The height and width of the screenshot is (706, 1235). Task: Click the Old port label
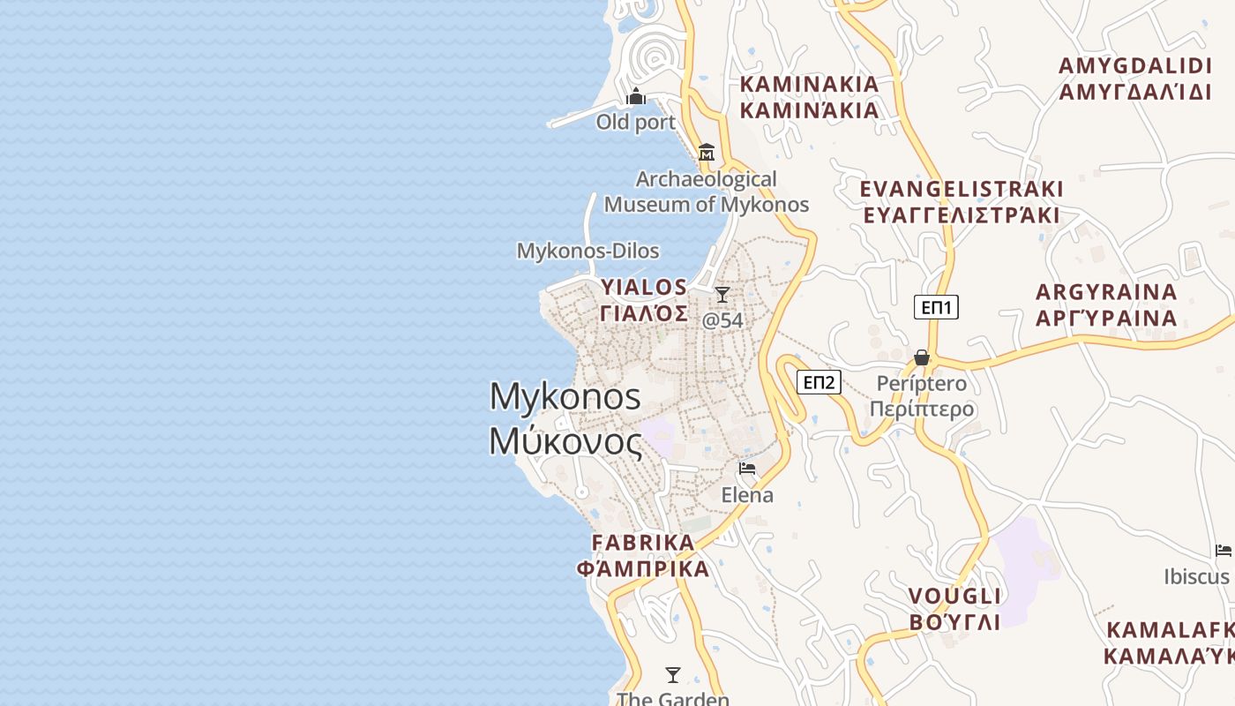point(635,122)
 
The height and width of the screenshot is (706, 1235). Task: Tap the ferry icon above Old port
point(636,96)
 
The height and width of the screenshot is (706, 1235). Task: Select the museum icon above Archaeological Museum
point(706,153)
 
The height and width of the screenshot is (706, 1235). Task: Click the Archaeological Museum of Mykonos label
point(706,192)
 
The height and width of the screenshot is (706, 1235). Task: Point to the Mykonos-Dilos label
point(588,251)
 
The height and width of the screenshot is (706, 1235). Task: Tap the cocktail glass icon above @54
point(722,294)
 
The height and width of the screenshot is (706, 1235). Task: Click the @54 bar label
point(722,319)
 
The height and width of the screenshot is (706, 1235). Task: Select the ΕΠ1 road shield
point(936,307)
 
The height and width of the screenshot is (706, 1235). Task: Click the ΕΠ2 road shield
point(819,382)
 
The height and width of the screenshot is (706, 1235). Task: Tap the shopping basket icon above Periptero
point(922,357)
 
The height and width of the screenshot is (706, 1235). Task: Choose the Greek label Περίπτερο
point(922,409)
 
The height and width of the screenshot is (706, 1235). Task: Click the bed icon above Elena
point(747,469)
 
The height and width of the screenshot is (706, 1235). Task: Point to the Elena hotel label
point(747,495)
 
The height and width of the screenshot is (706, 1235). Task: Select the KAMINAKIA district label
point(810,84)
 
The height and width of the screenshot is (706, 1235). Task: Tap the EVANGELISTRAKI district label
point(962,189)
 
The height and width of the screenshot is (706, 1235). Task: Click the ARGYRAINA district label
point(1106,292)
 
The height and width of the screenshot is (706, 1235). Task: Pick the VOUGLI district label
point(955,597)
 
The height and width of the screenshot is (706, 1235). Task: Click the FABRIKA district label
point(643,542)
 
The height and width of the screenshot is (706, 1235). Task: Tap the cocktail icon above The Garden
point(673,675)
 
